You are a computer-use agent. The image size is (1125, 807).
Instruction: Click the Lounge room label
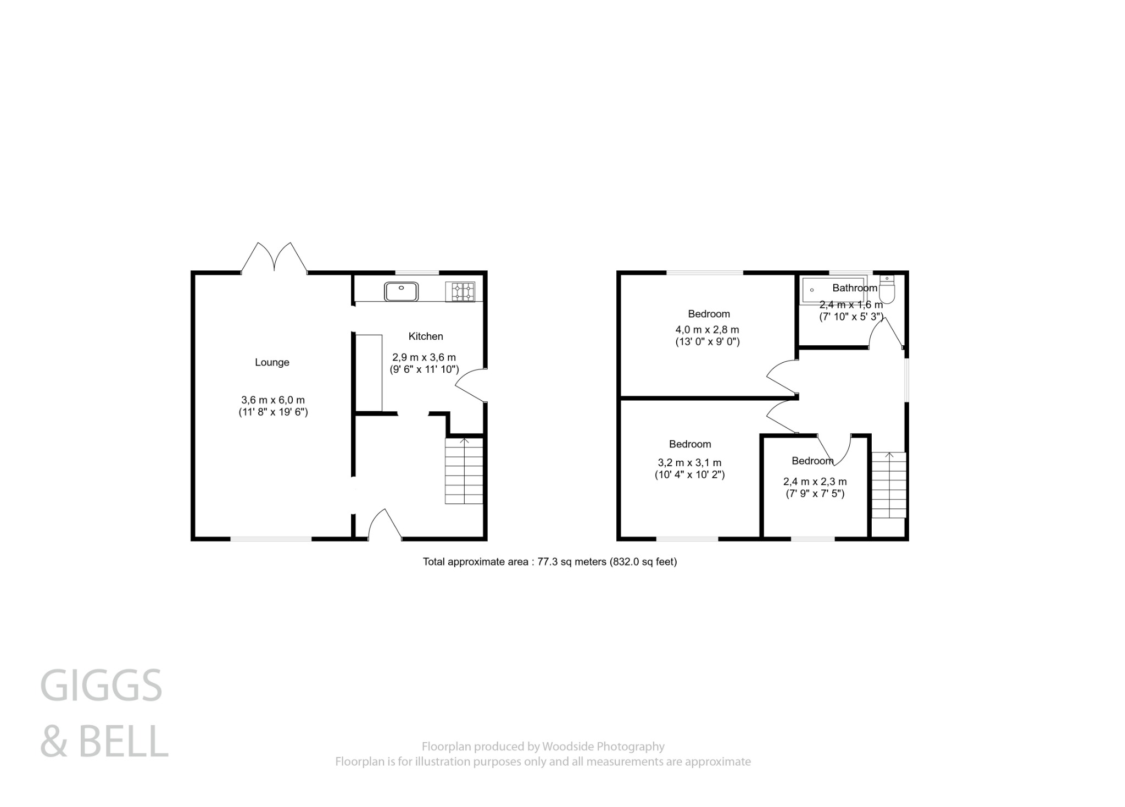pos(271,362)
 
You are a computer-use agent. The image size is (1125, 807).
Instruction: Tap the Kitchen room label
pos(425,336)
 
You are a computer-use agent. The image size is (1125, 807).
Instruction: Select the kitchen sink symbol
pos(402,291)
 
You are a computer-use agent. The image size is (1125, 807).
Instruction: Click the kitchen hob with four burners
pos(463,291)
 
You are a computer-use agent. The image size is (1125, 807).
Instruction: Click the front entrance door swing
pos(385,525)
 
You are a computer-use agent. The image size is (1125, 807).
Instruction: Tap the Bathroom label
pos(854,288)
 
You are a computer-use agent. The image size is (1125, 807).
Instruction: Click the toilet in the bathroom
pos(887,290)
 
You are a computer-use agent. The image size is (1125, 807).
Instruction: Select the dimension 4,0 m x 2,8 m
pos(707,330)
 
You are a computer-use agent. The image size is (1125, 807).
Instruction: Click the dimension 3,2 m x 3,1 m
pos(689,463)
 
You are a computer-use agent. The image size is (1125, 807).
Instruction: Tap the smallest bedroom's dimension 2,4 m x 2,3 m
pos(815,482)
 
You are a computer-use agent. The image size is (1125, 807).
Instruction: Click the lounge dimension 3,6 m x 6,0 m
pos(272,400)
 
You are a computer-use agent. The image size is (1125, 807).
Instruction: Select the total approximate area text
pos(549,562)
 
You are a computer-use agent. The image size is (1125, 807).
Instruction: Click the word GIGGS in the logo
pos(101,686)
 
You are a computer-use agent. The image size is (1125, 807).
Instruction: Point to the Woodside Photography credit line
pos(543,747)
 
